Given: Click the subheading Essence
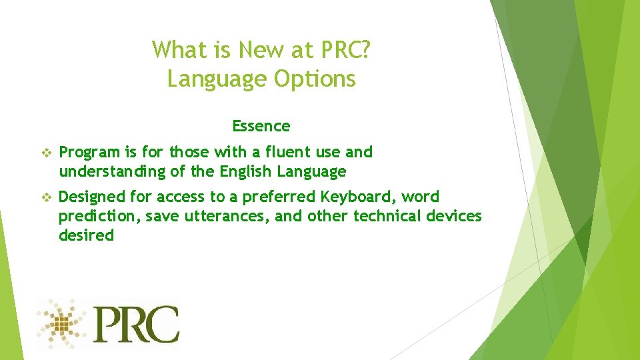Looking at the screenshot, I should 261,126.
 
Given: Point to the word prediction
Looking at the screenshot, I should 98,216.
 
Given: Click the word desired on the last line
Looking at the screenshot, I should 86,235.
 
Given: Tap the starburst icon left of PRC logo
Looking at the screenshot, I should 62,323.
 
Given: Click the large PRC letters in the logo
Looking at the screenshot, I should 136,323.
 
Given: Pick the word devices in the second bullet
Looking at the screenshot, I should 455,216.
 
